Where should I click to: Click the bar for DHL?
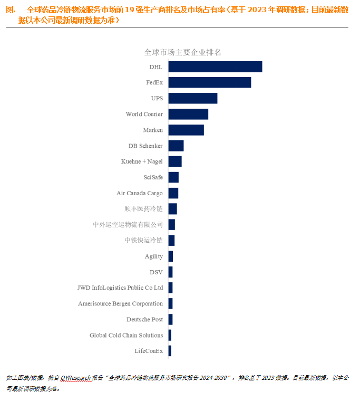(215, 66)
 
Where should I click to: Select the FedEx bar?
(209, 82)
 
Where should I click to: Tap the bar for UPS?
(192, 98)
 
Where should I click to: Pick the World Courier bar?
(188, 114)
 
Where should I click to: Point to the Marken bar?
(186, 130)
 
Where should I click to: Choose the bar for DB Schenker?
(176, 146)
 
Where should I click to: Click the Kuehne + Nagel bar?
(174, 161)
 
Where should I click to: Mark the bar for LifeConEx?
(170, 351)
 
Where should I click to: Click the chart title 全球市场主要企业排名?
(182, 52)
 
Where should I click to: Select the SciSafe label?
(153, 177)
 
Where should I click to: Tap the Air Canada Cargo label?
(140, 193)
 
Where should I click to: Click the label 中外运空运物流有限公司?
(128, 225)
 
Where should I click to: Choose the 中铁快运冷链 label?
(143, 241)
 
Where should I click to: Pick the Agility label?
(154, 256)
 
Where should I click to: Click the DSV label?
(157, 272)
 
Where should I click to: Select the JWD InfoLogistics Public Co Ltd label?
(120, 288)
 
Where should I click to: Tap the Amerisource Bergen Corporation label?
(120, 304)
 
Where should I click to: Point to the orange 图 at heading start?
(9, 10)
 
